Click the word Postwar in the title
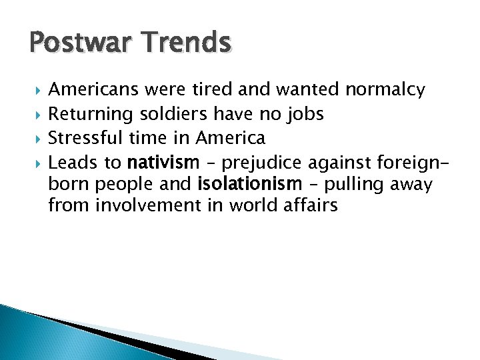(72, 43)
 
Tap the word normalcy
(385, 90)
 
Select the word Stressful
(85, 138)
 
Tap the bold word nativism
(163, 162)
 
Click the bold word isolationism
(250, 183)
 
